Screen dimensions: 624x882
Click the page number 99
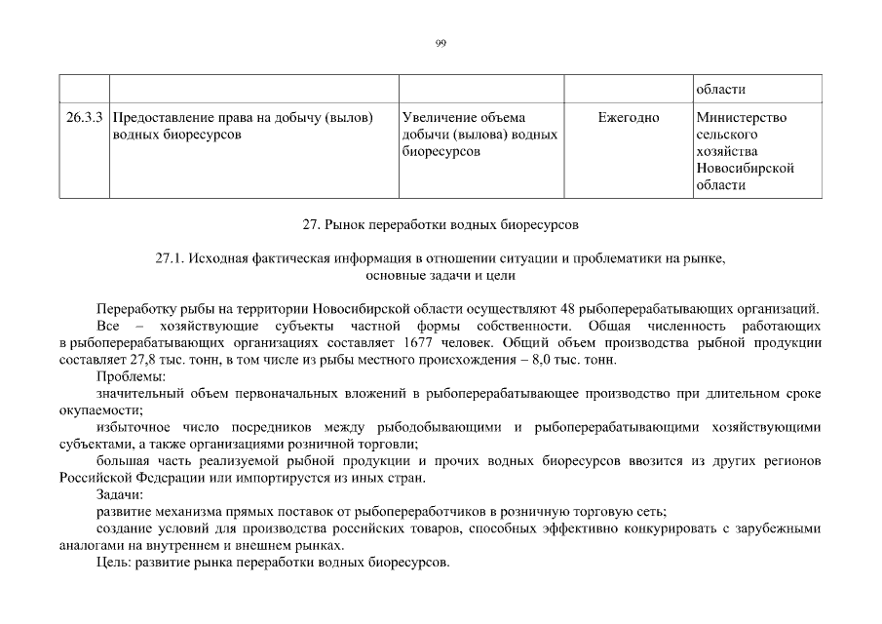click(441, 43)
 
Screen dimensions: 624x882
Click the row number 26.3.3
click(85, 118)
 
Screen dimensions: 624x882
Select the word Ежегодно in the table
click(629, 118)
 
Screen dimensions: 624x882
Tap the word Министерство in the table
click(743, 118)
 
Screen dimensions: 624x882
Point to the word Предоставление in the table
click(169, 118)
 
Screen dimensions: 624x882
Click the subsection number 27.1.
click(171, 259)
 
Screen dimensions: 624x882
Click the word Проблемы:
click(132, 376)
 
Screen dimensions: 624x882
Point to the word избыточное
click(133, 427)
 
